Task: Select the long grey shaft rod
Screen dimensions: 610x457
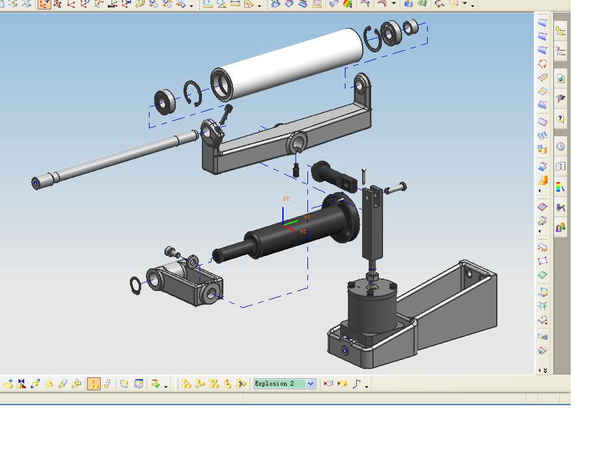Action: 115,159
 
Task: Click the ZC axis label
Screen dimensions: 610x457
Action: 287,199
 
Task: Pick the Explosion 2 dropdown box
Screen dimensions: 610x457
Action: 284,384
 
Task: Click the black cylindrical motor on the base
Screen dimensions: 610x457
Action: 372,307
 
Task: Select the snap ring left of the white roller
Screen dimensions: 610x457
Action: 192,93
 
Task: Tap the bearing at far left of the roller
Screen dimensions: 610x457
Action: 165,102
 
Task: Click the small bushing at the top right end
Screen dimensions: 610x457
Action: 410,27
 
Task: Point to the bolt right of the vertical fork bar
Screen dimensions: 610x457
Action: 396,189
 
